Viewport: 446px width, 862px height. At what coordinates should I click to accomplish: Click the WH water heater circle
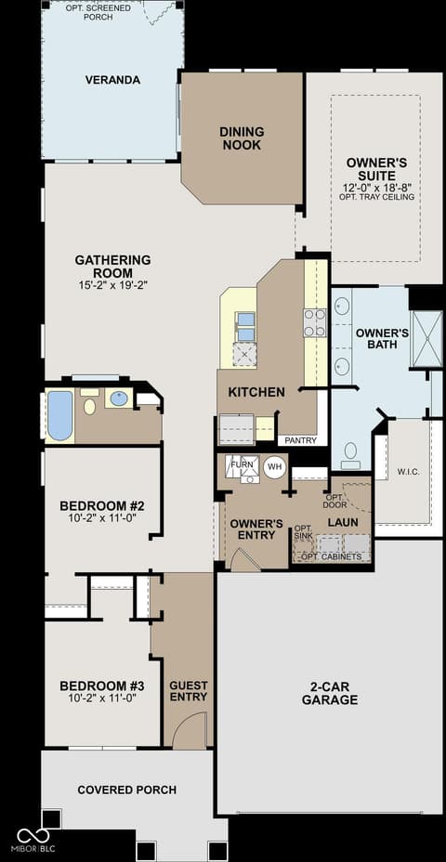274,467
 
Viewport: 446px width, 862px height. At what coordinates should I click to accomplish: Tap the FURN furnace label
242,465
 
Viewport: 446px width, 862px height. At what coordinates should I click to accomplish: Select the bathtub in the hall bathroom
60,415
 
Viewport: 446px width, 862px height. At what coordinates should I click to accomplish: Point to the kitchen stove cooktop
315,322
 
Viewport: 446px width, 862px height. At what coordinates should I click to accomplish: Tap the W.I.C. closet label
409,472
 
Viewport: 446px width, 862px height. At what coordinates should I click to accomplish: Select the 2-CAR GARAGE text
330,693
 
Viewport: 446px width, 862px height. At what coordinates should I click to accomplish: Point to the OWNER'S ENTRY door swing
244,559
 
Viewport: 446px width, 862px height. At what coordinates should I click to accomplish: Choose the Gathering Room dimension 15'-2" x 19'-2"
112,285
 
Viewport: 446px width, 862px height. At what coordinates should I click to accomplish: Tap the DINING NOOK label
242,138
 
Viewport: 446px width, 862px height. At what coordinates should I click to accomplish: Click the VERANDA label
112,80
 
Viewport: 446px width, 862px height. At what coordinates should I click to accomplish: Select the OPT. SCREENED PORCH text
98,13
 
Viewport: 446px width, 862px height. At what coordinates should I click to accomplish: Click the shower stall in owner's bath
426,339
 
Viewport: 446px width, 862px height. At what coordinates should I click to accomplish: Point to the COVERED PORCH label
127,790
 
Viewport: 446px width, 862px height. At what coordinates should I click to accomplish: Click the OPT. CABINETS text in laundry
332,557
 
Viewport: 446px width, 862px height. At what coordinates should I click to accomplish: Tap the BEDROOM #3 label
101,686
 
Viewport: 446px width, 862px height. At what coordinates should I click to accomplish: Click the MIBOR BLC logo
33,840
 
